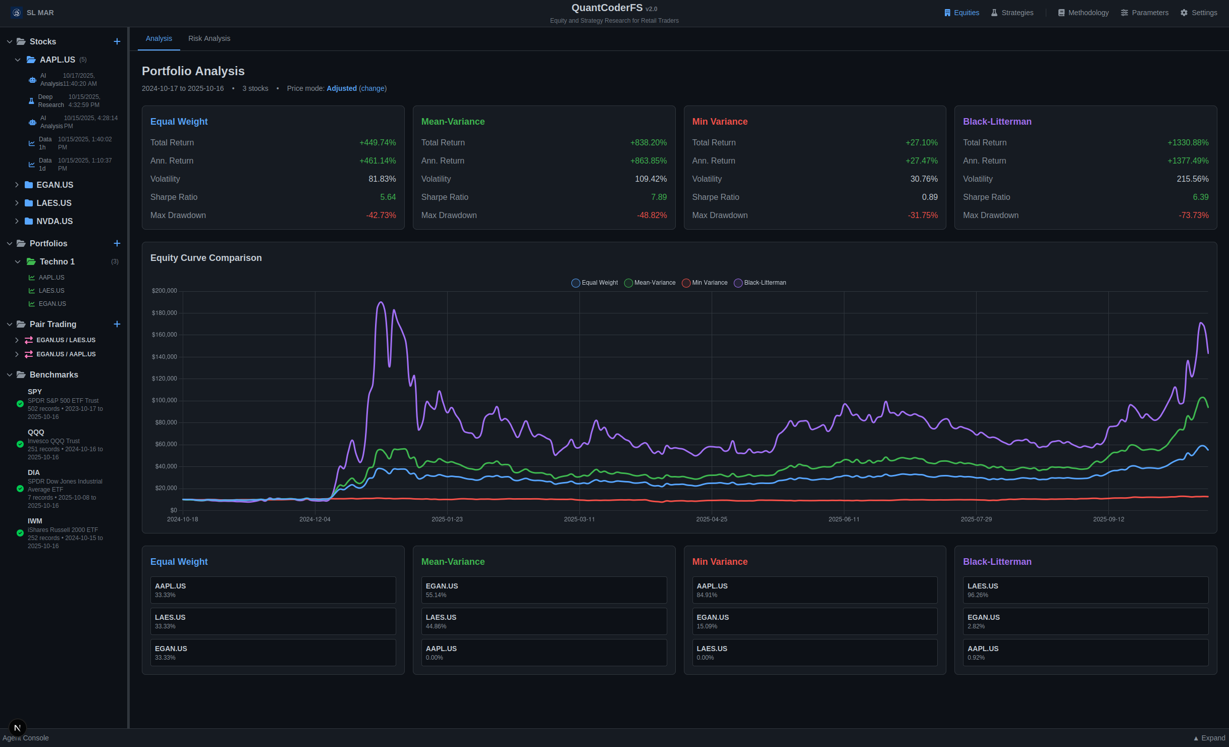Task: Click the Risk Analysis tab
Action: tap(209, 38)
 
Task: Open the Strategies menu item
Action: tap(1012, 13)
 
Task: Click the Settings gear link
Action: tap(1199, 13)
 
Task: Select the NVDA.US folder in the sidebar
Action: tap(55, 221)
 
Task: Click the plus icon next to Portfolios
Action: tap(117, 243)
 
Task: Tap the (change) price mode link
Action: tap(372, 88)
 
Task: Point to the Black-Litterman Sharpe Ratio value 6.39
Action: tap(1200, 197)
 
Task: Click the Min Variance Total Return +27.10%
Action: tap(921, 143)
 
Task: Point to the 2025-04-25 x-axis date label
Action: tap(711, 519)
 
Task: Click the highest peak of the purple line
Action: tap(381, 303)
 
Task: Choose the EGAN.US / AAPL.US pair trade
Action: tap(66, 354)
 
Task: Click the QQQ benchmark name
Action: tap(36, 433)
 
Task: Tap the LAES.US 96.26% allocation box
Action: tap(1085, 590)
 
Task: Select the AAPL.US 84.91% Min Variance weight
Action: tap(814, 590)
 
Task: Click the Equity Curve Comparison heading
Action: tap(206, 258)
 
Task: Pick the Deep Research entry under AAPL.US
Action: tap(51, 101)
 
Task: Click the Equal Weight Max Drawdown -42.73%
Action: tap(381, 216)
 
